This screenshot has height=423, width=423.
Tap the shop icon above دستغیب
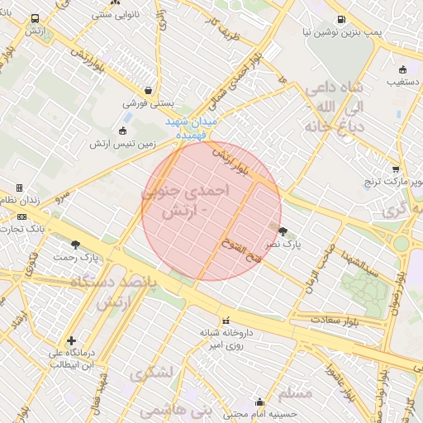tap(402, 70)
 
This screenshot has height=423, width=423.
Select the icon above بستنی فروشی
tap(148, 91)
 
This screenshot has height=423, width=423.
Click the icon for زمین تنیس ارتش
tap(123, 131)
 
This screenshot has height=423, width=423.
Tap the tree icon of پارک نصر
tap(283, 232)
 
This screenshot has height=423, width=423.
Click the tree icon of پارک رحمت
tap(76, 245)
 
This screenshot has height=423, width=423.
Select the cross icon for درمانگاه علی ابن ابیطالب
tap(71, 340)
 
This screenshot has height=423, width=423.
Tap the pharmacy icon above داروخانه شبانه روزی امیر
tap(226, 321)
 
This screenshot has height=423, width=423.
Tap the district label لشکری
tap(152, 373)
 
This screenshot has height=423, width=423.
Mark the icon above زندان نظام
tap(19, 188)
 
